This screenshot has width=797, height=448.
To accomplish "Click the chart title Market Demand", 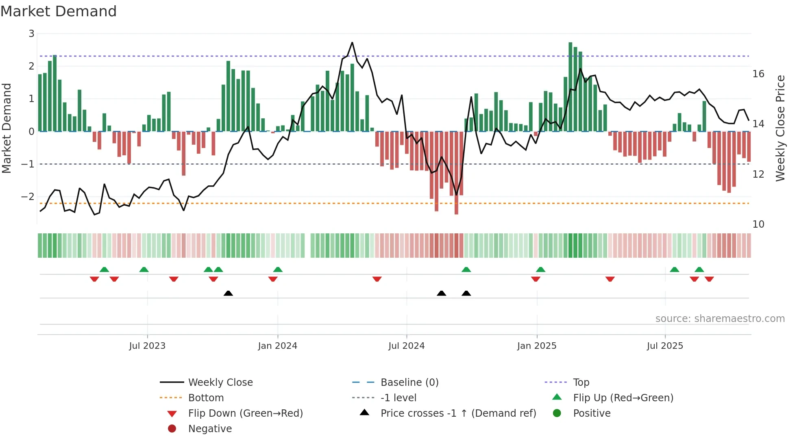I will [59, 11].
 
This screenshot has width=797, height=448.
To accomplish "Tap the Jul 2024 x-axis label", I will [406, 346].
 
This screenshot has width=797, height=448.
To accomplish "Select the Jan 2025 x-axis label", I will [536, 346].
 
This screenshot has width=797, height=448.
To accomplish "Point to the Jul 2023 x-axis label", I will [147, 346].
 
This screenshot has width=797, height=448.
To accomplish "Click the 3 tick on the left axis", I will [31, 34].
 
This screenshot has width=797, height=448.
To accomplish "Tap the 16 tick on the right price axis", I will [758, 74].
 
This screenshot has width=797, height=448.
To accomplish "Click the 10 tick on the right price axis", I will [758, 224].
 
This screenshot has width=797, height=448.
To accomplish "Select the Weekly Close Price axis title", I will [780, 128].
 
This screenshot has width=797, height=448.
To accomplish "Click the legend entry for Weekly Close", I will [220, 383].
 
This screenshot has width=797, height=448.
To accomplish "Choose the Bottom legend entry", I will [206, 398].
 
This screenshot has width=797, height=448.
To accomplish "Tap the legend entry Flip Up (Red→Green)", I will [623, 398].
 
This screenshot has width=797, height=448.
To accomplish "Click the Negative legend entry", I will [210, 429].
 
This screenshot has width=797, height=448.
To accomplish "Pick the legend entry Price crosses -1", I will [458, 413].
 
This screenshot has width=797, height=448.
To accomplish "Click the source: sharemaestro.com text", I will [720, 319].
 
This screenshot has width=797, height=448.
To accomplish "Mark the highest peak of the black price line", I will [352, 42].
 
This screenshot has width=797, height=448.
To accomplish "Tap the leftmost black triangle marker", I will [228, 293].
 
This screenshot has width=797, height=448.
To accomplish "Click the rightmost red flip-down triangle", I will [709, 279].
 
